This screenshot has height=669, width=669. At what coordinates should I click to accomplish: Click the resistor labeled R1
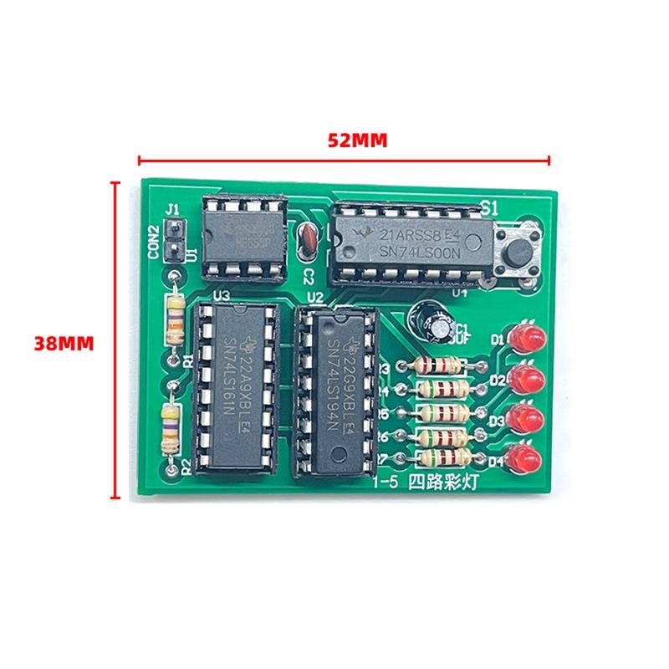coord(175,319)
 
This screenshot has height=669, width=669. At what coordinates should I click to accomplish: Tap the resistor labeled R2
coord(171,428)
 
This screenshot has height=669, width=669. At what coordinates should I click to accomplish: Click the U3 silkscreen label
coord(222,294)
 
